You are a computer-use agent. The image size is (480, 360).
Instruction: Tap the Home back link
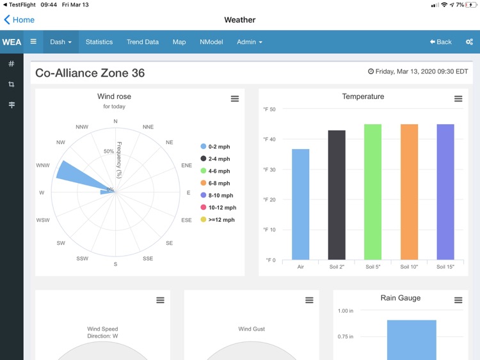pyautogui.click(x=19, y=20)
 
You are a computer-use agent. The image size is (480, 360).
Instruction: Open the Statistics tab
pyautogui.click(x=99, y=42)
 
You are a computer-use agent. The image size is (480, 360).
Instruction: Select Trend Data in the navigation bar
pyautogui.click(x=143, y=42)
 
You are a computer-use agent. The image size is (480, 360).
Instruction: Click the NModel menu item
pyautogui.click(x=211, y=42)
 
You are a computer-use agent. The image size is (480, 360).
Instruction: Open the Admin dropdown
pyautogui.click(x=250, y=42)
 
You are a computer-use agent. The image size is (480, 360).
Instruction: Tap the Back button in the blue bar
pyautogui.click(x=441, y=42)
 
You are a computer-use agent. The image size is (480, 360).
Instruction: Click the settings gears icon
pyautogui.click(x=469, y=42)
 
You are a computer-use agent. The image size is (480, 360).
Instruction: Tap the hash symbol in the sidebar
pyautogui.click(x=12, y=64)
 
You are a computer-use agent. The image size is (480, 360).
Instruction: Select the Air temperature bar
pyautogui.click(x=301, y=205)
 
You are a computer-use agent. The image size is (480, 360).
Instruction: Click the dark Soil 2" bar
pyautogui.click(x=337, y=195)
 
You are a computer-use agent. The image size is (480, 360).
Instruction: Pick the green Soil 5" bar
pyautogui.click(x=372, y=192)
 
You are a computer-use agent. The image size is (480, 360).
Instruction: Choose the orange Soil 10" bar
pyautogui.click(x=409, y=192)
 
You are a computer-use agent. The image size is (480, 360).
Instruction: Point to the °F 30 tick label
pyautogui.click(x=269, y=169)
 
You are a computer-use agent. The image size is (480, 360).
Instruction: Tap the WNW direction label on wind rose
pyautogui.click(x=43, y=166)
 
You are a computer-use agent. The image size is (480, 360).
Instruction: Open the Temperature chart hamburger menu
pyautogui.click(x=458, y=99)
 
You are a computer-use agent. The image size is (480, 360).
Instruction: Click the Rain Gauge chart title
pyautogui.click(x=401, y=298)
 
